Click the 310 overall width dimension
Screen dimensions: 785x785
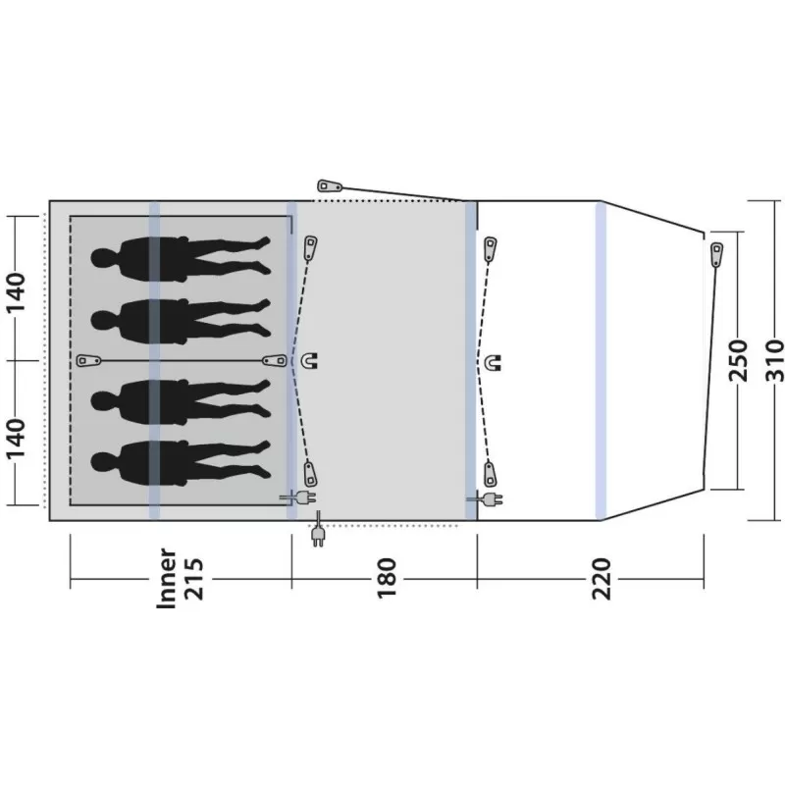pyautogui.click(x=774, y=360)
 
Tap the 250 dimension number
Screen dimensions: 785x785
pyautogui.click(x=738, y=360)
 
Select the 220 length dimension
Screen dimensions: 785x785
pyautogui.click(x=602, y=579)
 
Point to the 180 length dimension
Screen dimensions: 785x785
pyautogui.click(x=386, y=579)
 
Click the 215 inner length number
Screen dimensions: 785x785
pyautogui.click(x=193, y=579)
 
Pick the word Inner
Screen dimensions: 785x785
pyautogui.click(x=167, y=579)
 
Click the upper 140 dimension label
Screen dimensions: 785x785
pyautogui.click(x=15, y=292)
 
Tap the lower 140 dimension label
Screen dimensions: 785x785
pyautogui.click(x=15, y=439)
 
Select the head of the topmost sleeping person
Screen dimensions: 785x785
pyautogui.click(x=104, y=258)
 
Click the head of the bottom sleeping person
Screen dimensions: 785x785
pyautogui.click(x=104, y=462)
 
